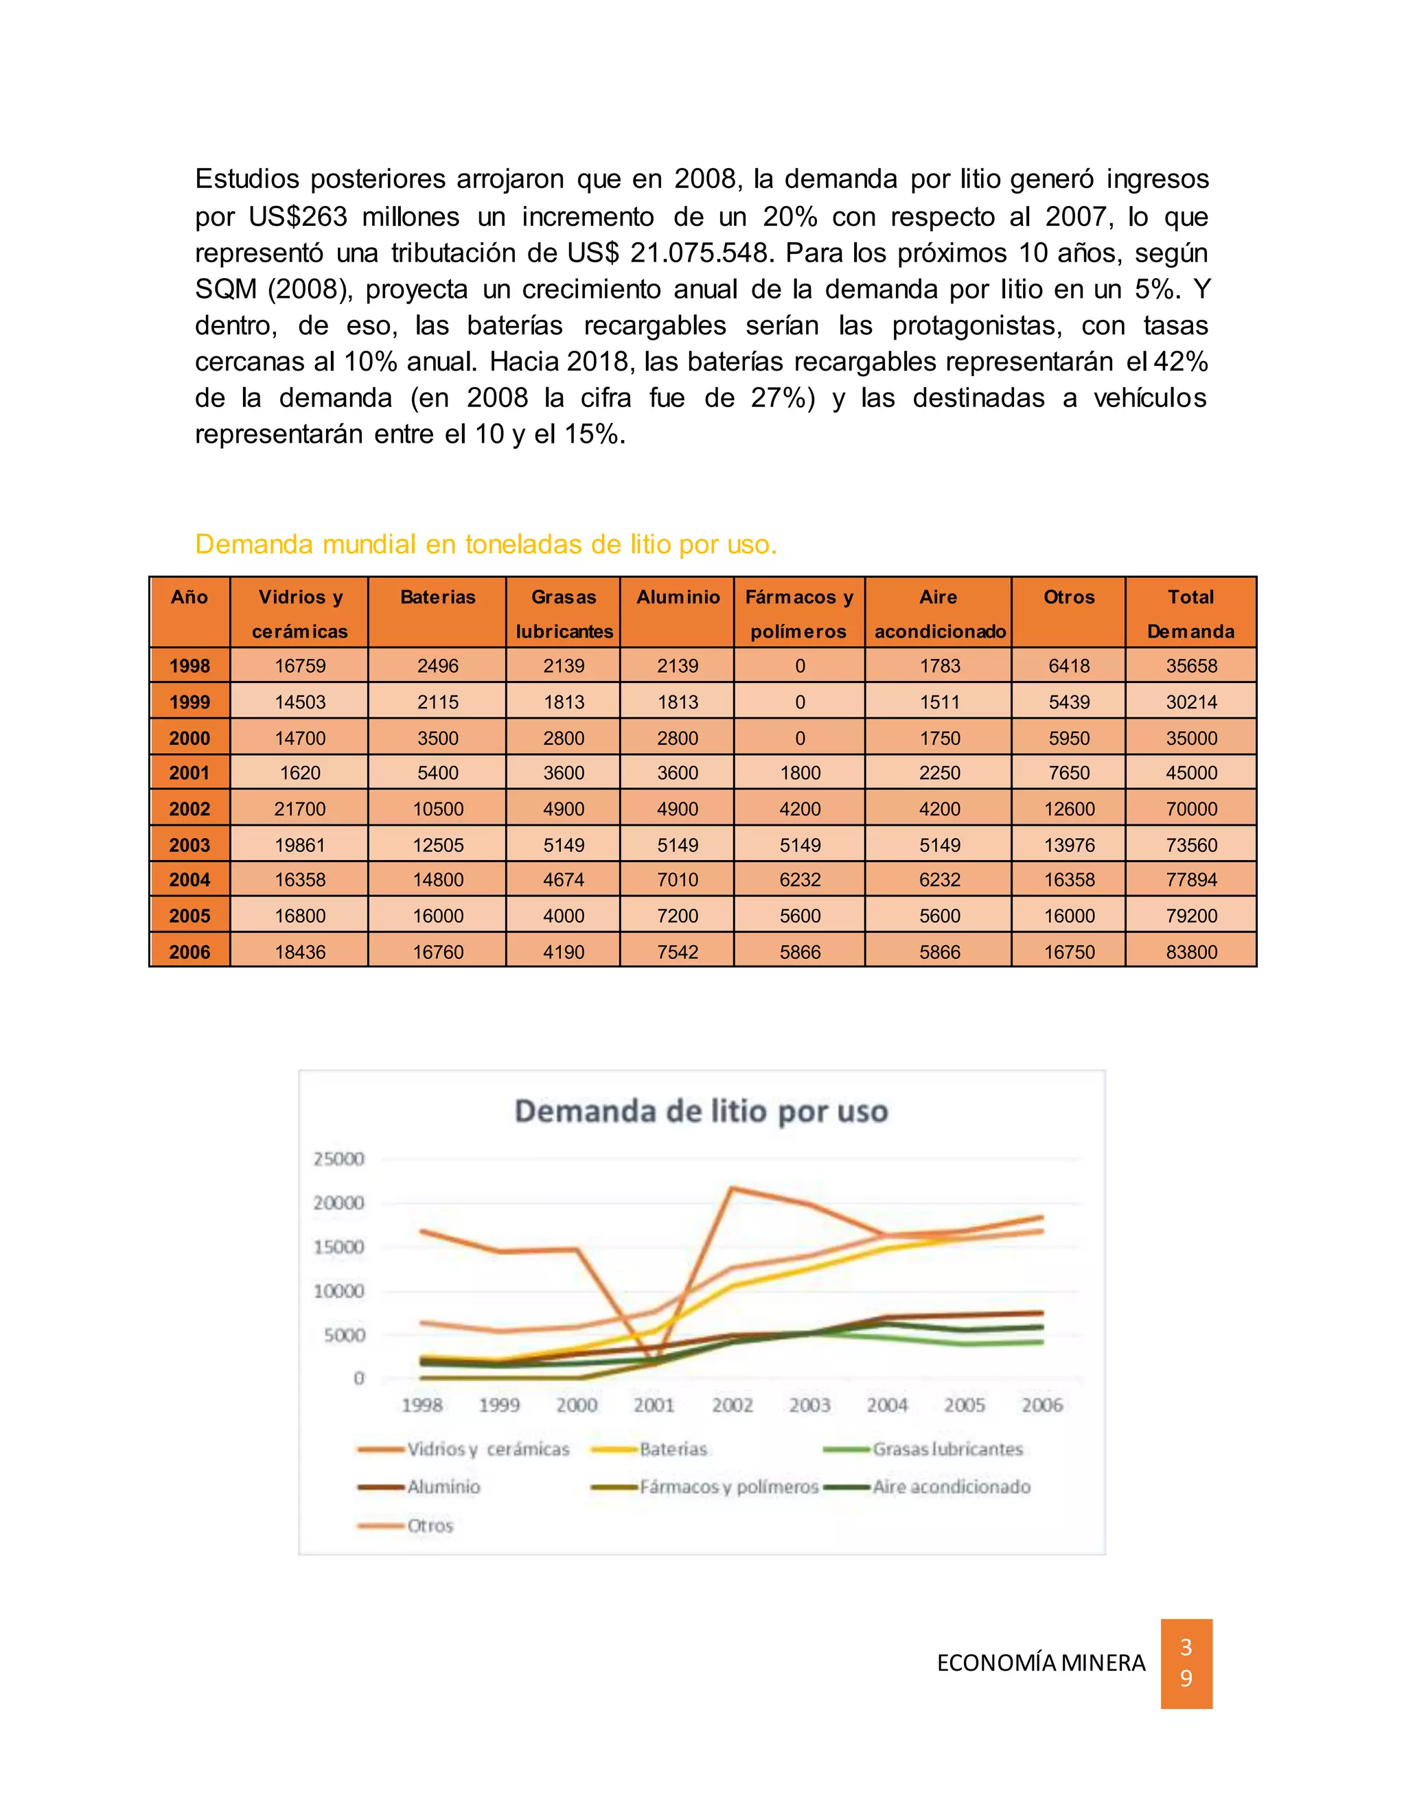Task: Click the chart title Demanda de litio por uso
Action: (702, 1111)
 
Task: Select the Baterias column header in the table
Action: (437, 597)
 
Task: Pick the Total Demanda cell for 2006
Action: (1191, 952)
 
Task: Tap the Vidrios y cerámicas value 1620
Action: (300, 773)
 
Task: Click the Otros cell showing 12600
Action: (1070, 809)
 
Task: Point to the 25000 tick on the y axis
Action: (339, 1159)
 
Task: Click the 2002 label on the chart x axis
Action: (732, 1405)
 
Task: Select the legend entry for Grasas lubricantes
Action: (947, 1449)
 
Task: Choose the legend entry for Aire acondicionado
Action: (952, 1487)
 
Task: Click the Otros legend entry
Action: (430, 1526)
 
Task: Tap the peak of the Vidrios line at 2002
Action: (732, 1187)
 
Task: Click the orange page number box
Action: (1186, 1662)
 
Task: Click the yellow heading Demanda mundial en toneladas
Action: (485, 545)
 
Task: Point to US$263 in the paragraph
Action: (298, 216)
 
